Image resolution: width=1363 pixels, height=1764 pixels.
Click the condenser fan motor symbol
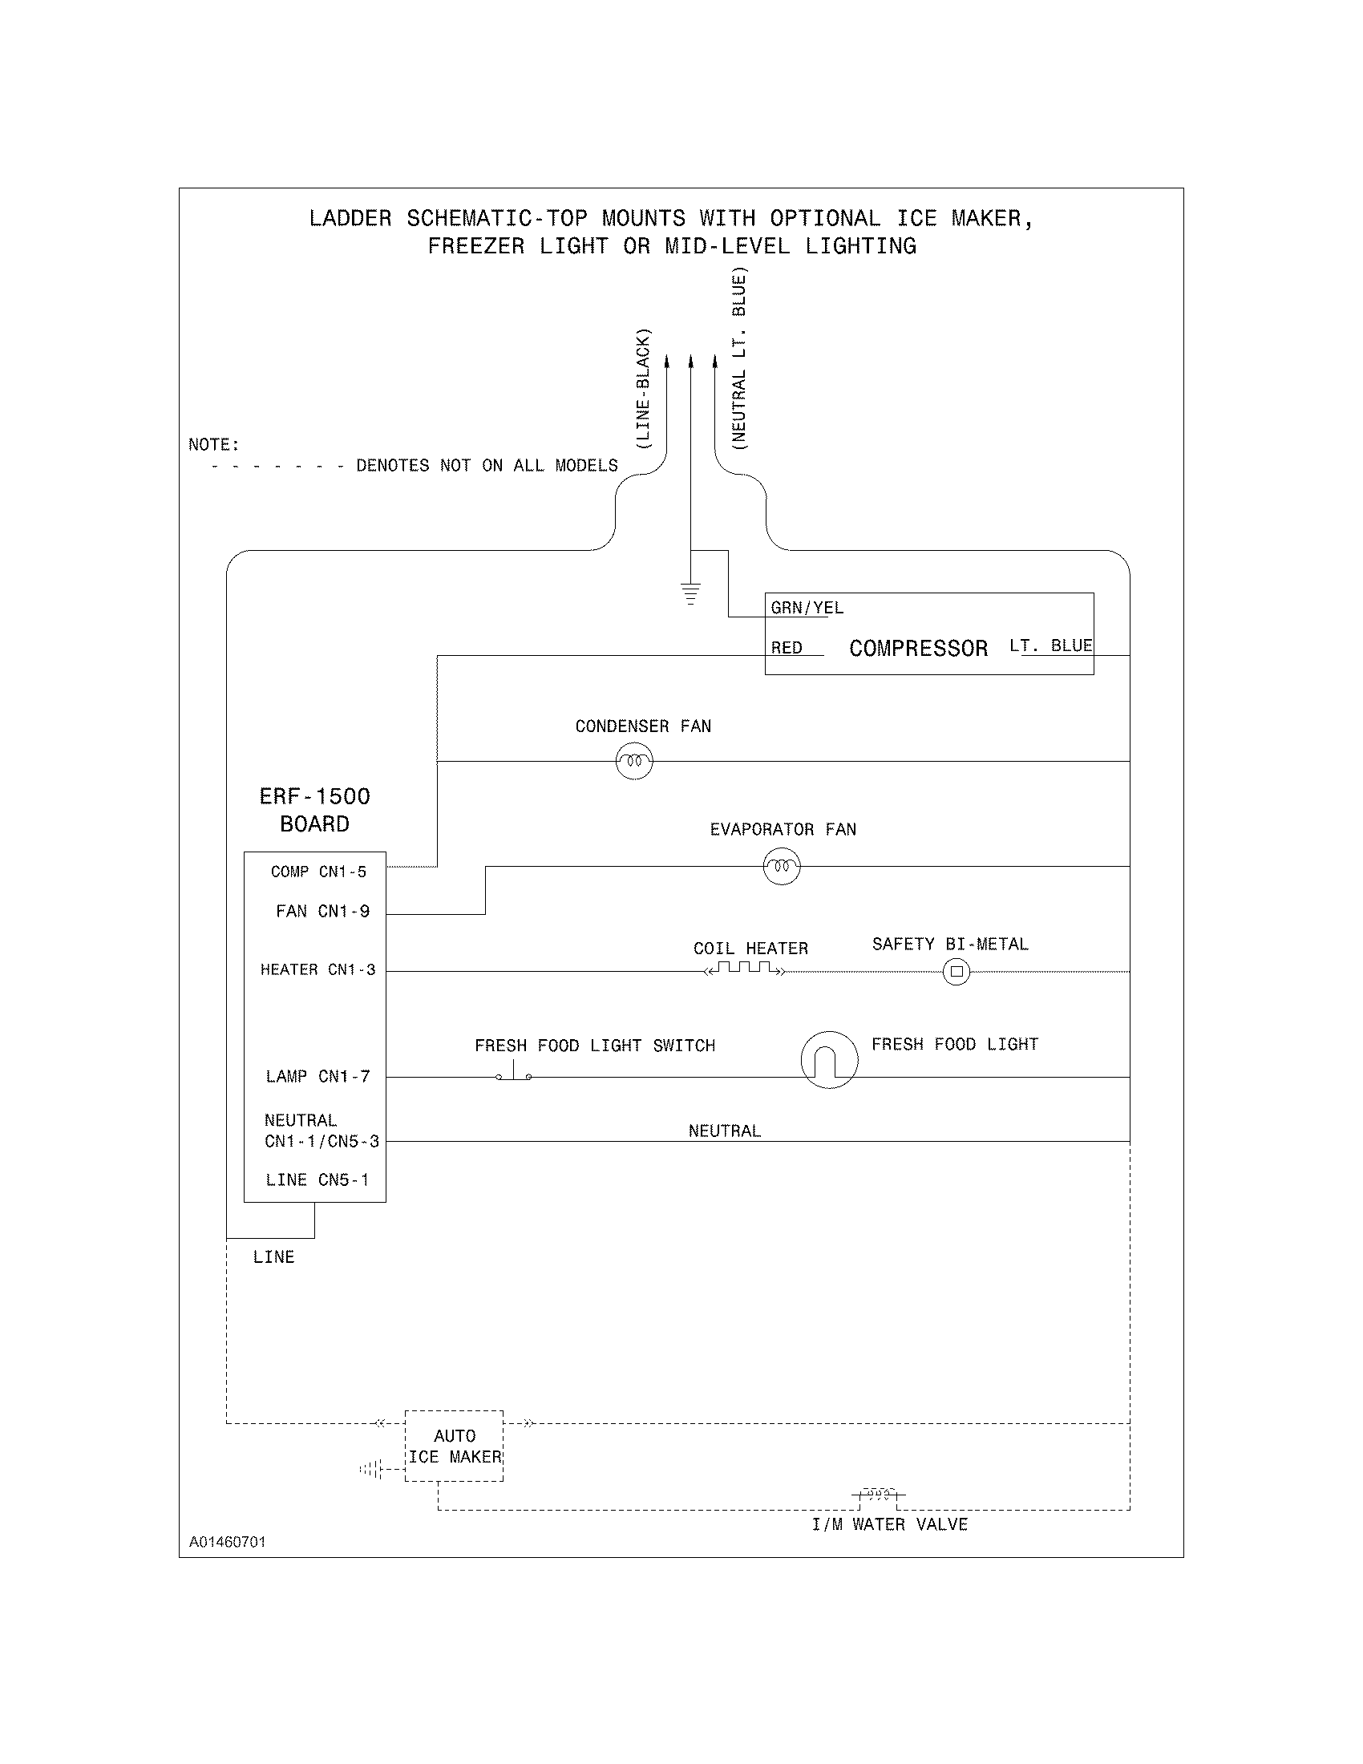click(634, 761)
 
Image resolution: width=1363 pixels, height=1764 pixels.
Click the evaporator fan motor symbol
click(781, 867)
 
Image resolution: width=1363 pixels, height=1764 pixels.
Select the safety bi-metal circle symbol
click(956, 972)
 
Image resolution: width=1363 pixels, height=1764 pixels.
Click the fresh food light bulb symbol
click(829, 1060)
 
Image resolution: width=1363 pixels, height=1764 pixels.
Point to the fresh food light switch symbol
click(514, 1073)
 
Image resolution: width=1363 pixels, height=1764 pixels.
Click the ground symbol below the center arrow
click(690, 593)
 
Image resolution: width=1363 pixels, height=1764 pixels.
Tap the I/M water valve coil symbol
click(878, 1495)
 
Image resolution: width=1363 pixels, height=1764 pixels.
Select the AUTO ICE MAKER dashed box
click(454, 1446)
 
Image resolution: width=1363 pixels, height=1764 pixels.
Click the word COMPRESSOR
click(918, 649)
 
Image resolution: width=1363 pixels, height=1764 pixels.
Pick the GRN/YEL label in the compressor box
click(807, 608)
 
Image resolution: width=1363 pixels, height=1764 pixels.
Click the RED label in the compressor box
click(787, 648)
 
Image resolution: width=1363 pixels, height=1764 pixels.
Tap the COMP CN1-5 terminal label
click(318, 872)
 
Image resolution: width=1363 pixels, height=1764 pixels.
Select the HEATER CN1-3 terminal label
click(317, 969)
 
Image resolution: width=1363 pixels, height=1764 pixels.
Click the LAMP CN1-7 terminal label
click(317, 1076)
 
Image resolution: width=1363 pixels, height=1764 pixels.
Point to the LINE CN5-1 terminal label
click(317, 1179)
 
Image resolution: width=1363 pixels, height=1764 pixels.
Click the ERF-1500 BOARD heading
click(314, 810)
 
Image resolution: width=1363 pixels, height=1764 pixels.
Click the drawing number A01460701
click(227, 1542)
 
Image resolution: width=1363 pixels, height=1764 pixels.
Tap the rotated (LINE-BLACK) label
click(643, 389)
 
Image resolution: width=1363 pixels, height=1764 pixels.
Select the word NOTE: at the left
click(214, 444)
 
